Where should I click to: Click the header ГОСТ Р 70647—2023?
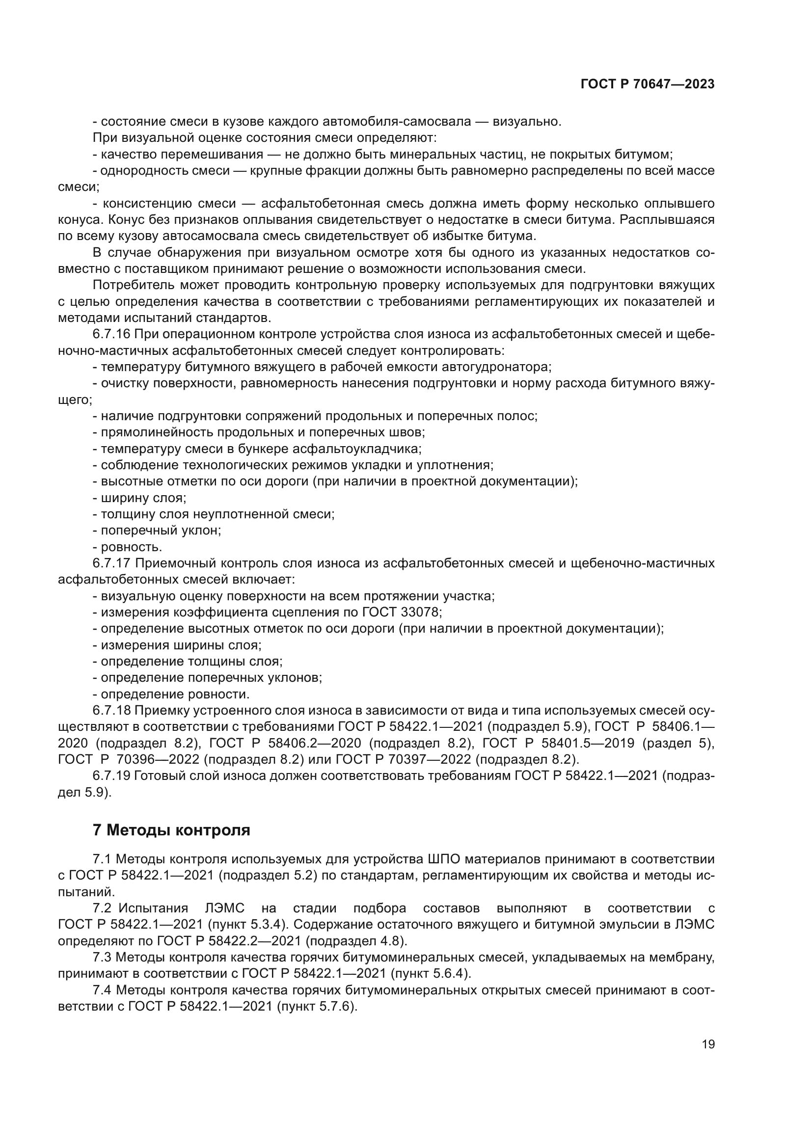[648, 84]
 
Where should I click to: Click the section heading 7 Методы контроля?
[171, 830]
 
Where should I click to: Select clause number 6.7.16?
[111, 334]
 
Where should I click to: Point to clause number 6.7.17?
[111, 563]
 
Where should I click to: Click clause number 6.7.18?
[111, 711]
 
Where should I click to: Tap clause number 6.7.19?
[111, 776]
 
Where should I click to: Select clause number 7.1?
[102, 859]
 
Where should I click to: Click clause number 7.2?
[102, 908]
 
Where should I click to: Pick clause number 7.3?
[102, 957]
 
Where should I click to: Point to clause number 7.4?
[102, 990]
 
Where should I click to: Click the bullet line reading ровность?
[131, 547]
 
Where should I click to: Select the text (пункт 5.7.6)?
[317, 1006]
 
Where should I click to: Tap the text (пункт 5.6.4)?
[431, 973]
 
